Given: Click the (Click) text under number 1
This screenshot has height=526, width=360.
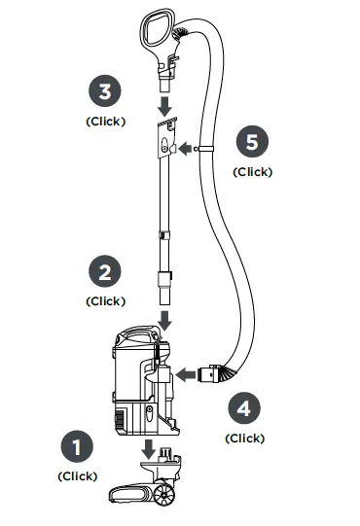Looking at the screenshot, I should (x=77, y=476).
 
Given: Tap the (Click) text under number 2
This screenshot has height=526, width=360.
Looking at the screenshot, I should (x=105, y=301).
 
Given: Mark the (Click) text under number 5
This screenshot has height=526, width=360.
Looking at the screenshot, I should (x=251, y=171).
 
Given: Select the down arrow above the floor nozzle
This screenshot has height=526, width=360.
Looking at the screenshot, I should (x=149, y=449).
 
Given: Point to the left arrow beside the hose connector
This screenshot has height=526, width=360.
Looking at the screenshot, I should (x=183, y=372).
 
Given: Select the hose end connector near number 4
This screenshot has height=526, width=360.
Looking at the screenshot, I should (x=208, y=372).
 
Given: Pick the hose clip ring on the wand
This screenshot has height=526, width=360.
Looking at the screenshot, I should (x=198, y=149).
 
